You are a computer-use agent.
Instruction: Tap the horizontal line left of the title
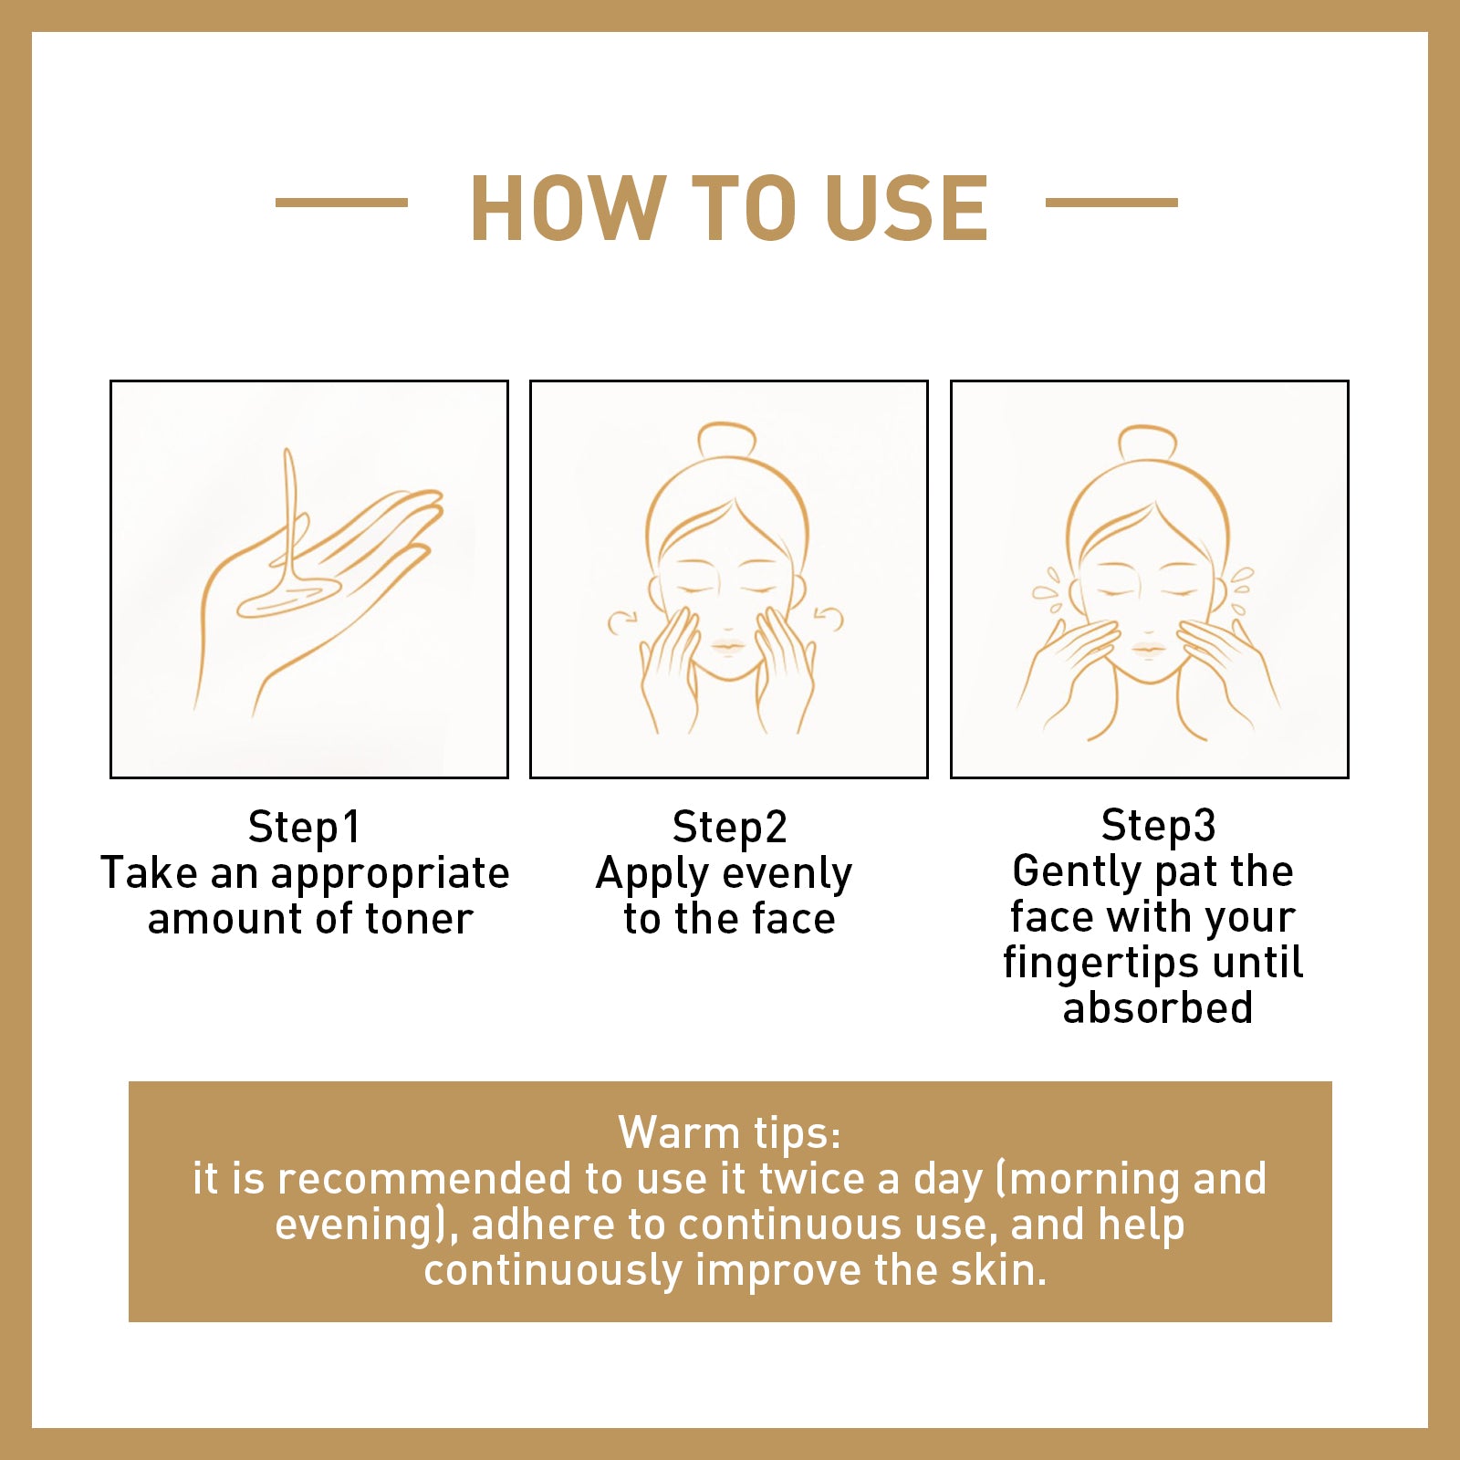coord(341,203)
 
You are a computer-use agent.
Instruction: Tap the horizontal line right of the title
coord(1111,203)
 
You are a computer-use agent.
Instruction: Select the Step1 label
coord(305,827)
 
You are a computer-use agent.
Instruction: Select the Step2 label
coord(729,827)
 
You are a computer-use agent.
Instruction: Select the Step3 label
coord(1158,825)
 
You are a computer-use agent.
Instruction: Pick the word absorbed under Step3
coord(1158,1007)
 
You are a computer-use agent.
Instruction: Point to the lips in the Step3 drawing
coord(1148,651)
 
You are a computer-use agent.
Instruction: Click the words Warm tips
coord(729,1132)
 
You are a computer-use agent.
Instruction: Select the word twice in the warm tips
coord(810,1178)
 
